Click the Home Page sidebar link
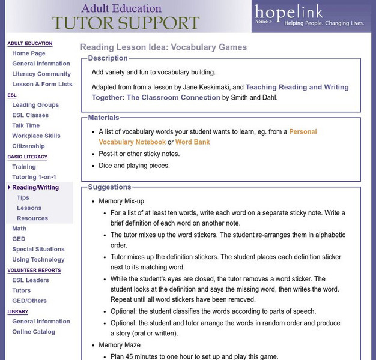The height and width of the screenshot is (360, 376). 28,53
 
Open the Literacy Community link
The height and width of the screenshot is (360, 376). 41,74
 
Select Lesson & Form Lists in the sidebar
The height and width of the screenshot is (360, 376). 42,84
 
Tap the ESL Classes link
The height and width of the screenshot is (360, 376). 30,115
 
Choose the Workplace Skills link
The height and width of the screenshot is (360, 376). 36,136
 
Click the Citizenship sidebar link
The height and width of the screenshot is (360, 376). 28,146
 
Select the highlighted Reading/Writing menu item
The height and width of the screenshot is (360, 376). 35,187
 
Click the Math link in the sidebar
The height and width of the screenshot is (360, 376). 19,229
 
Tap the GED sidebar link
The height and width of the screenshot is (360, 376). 19,239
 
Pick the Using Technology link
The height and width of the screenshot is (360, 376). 38,259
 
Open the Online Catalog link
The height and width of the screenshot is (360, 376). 34,332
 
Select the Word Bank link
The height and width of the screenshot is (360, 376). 193,142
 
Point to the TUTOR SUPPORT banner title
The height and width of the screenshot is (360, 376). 126,23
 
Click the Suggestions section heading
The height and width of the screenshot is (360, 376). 109,187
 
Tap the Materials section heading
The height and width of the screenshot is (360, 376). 103,118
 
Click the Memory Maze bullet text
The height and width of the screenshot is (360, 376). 120,345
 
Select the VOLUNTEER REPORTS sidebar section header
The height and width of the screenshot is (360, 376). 34,270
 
